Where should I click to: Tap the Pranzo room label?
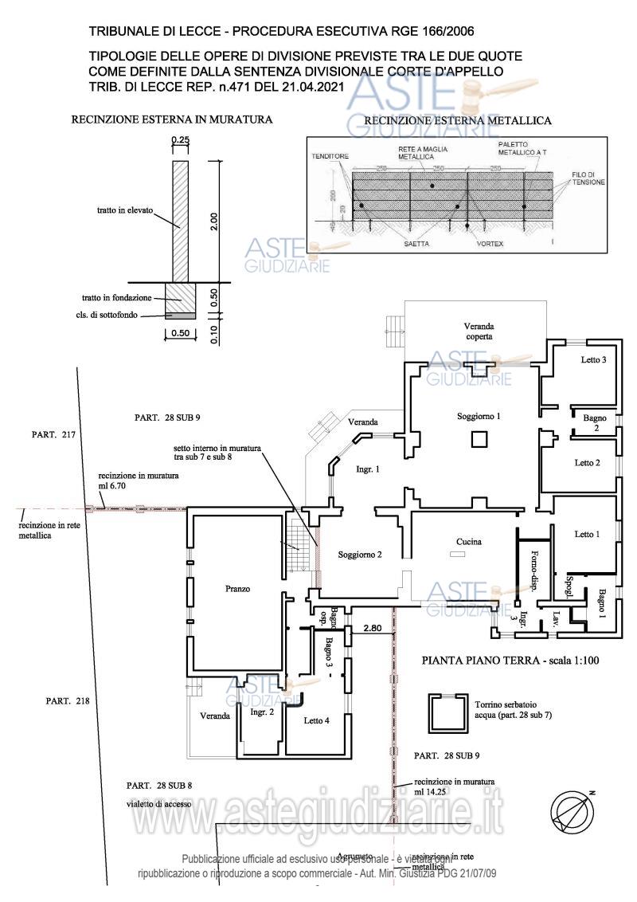tap(237, 590)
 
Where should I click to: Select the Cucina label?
tap(468, 542)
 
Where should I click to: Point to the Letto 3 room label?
tap(593, 360)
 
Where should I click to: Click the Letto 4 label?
tap(316, 720)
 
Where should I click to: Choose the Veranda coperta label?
tap(479, 331)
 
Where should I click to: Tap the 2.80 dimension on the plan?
tap(373, 628)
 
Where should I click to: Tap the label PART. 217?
tap(53, 435)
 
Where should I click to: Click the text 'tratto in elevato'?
tap(121, 211)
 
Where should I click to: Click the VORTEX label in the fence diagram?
tap(490, 244)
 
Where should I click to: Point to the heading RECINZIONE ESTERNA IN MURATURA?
tap(172, 120)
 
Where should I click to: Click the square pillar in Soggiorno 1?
tap(478, 439)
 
